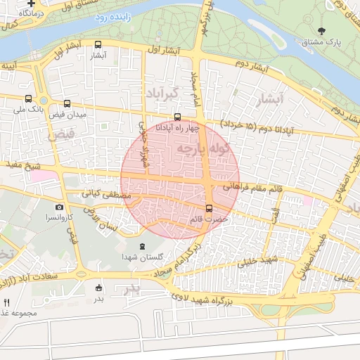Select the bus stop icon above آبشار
pyautogui.click(x=98, y=45)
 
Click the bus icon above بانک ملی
pyautogui.click(x=28, y=99)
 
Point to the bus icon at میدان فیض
pyautogui.click(x=67, y=103)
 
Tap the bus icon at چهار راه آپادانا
pyautogui.click(x=177, y=117)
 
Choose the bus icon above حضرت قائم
pyautogui.click(x=209, y=208)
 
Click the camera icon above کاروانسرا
pyautogui.click(x=59, y=207)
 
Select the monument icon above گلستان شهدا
pyautogui.click(x=143, y=245)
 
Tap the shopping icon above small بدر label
pyautogui.click(x=98, y=287)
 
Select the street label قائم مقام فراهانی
pyautogui.click(x=252, y=188)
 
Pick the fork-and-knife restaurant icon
pyautogui.click(x=6, y=302)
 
